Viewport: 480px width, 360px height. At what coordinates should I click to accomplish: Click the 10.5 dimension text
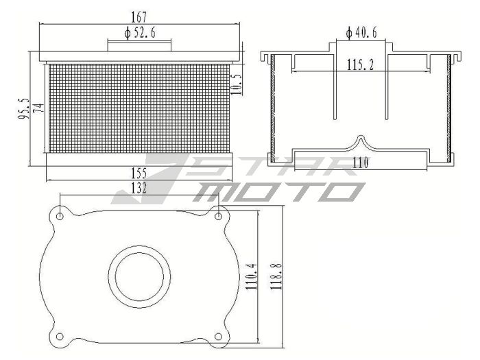click(x=237, y=84)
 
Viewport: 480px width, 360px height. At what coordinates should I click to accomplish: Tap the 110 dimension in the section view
click(x=361, y=163)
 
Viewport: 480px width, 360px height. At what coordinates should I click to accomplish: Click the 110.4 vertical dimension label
click(x=250, y=276)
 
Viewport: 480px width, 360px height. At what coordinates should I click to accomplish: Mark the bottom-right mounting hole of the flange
click(x=219, y=336)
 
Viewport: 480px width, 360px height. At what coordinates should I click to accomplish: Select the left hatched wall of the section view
click(x=273, y=110)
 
